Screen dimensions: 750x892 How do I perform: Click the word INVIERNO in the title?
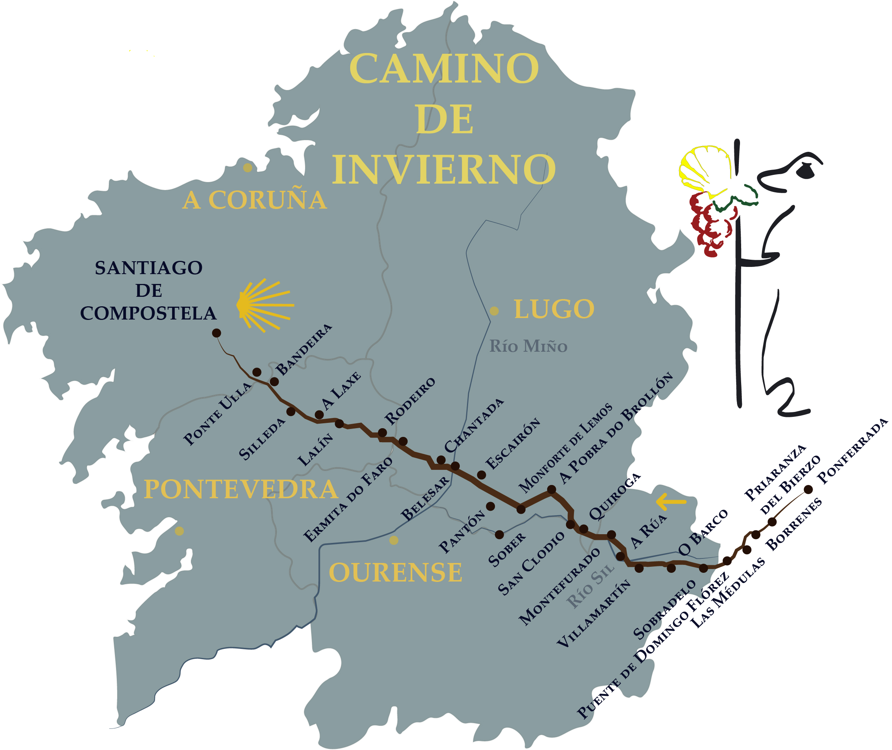pos(444,170)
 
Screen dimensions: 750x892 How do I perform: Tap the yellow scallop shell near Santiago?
pos(263,305)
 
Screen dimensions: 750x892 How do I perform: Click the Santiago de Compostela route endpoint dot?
pos(216,333)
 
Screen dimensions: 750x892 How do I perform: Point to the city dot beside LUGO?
pos(494,311)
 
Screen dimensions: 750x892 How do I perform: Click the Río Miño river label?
pos(528,346)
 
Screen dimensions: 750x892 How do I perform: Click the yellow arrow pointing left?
pos(671,502)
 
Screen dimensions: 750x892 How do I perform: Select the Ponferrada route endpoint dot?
pos(808,490)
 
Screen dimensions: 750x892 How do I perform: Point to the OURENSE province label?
pos(395,573)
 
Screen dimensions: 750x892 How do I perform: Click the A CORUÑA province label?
pos(254,200)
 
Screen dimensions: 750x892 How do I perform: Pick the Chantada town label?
pos(474,426)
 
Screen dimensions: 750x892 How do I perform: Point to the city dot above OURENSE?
pos(394,540)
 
